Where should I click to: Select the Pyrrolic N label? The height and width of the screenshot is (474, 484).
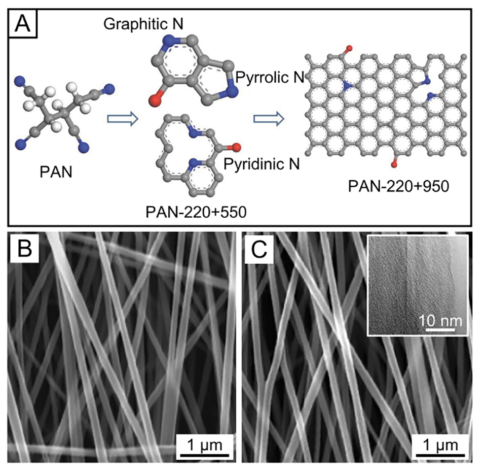pyautogui.click(x=266, y=78)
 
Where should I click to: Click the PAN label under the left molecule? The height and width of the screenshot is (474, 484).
pyautogui.click(x=55, y=172)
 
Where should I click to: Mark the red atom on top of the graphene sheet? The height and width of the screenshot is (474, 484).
pyautogui.click(x=349, y=49)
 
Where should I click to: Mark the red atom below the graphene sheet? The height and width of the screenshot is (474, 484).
pyautogui.click(x=393, y=163)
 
